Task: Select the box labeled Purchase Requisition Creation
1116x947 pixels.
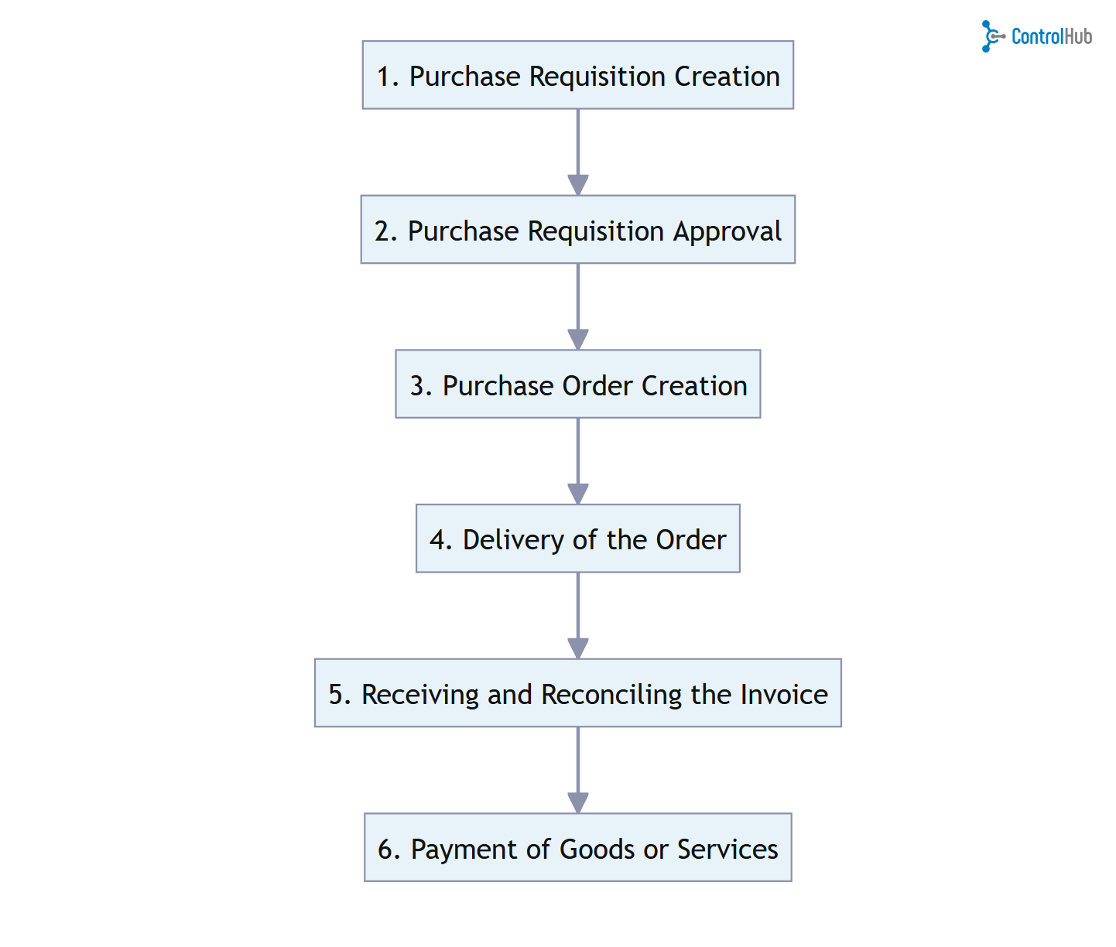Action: (577, 75)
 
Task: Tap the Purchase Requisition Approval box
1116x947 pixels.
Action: (577, 230)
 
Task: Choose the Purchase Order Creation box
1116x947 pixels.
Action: (577, 385)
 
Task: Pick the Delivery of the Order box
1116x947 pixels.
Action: (577, 538)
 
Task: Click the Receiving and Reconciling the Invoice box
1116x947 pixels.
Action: (577, 693)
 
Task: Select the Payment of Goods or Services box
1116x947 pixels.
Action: (577, 848)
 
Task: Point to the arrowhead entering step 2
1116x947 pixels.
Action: (578, 185)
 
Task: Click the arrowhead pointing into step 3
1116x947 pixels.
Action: (578, 340)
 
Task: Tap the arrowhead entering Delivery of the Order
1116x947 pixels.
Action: (578, 494)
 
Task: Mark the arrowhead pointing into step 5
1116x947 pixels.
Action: (578, 648)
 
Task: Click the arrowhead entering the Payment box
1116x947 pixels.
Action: (578, 803)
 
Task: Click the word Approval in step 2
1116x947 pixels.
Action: (727, 231)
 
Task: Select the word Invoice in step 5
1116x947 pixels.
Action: (784, 695)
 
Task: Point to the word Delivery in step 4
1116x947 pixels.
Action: (513, 540)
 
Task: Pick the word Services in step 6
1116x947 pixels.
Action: (727, 850)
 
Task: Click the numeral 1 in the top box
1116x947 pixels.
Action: (384, 77)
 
